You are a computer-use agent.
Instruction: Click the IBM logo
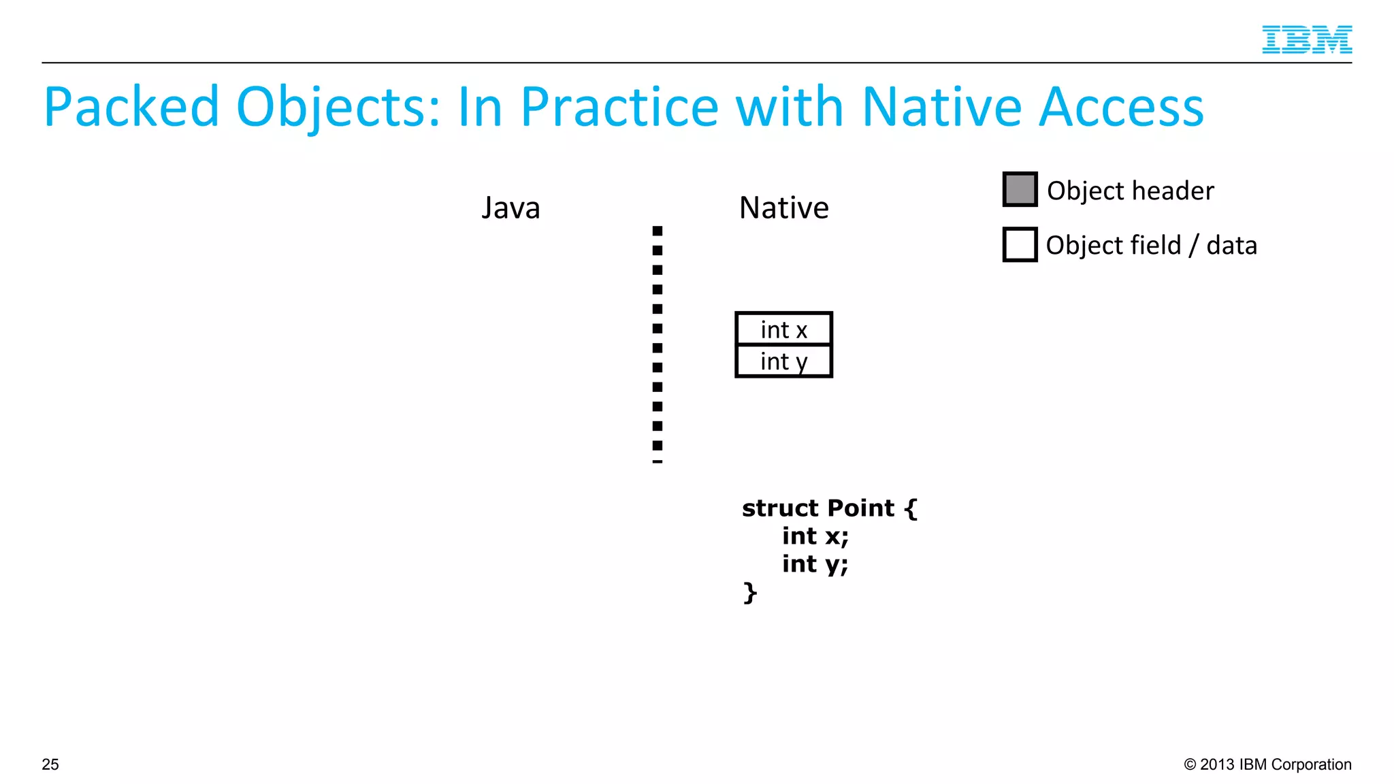1306,39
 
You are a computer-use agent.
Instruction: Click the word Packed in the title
131,108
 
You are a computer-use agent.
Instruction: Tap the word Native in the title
942,108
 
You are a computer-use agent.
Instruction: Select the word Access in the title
1122,108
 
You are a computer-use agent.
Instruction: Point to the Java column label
510,208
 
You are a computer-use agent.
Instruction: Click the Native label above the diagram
783,208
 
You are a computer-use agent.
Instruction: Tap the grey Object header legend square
1020,189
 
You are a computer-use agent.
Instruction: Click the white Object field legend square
1020,244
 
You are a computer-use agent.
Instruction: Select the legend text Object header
1130,191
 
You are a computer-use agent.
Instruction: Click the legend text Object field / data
1151,245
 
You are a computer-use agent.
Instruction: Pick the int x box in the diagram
783,329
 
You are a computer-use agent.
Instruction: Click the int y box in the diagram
783,361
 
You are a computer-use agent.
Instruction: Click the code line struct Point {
829,508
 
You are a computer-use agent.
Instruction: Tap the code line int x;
815,536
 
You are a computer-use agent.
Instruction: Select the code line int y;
815,564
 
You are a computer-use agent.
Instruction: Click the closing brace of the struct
749,592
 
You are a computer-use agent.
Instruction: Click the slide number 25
50,764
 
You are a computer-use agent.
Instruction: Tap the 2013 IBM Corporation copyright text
1267,764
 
